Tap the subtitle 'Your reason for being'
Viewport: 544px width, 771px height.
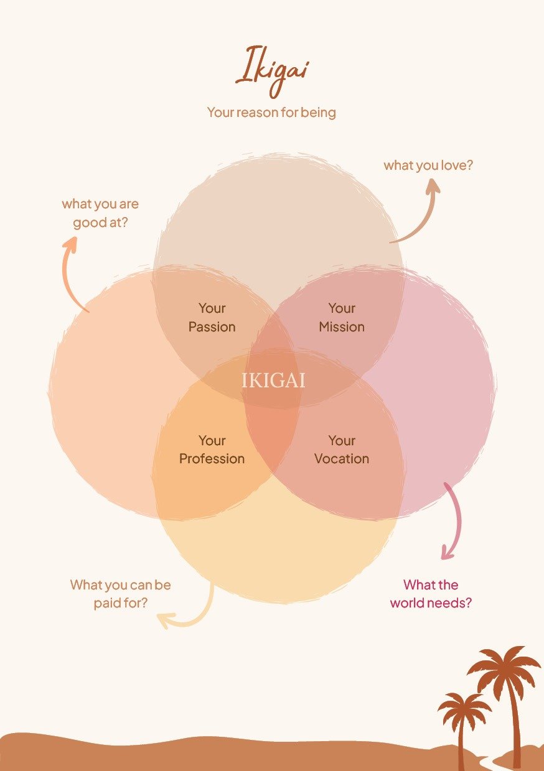(271, 113)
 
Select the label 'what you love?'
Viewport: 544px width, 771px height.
(428, 165)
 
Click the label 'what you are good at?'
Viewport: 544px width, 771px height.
(100, 213)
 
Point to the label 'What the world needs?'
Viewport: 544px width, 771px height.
(431, 594)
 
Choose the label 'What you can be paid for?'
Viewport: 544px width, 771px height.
(121, 594)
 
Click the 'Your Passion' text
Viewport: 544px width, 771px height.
(212, 317)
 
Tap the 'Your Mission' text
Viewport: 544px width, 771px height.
(342, 317)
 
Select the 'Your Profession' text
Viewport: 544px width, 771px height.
(212, 450)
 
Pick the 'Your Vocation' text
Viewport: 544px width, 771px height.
(342, 450)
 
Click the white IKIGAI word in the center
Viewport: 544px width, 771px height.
(273, 381)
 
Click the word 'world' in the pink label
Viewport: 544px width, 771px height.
(410, 603)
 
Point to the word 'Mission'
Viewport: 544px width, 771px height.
(342, 326)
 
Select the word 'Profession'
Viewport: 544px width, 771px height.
(212, 459)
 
